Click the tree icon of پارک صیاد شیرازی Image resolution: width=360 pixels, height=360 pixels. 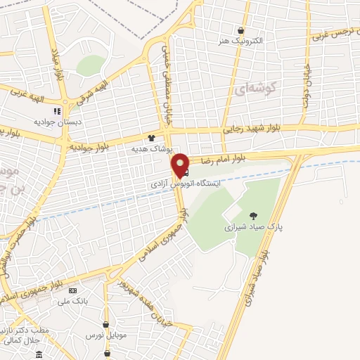tap(253, 216)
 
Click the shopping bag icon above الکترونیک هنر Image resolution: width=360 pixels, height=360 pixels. tap(241, 30)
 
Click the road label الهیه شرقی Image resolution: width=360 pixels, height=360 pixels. tap(93, 93)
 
